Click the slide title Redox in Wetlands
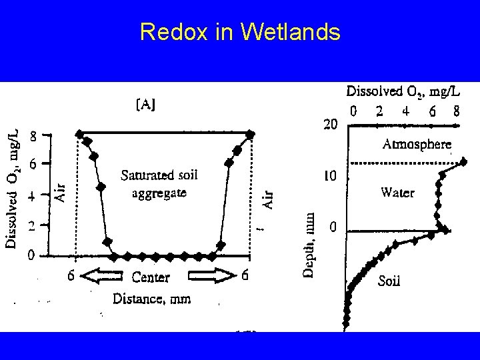coord(240,31)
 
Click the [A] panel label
coord(147,105)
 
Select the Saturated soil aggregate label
coord(159,184)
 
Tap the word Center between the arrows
coord(151,277)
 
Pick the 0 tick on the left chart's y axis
coord(31,255)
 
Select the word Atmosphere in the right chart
coord(417,143)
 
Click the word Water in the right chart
coord(397,193)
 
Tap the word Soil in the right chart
coord(389,281)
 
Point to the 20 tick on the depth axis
coord(331,124)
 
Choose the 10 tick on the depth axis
coord(331,176)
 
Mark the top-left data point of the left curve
coord(80,134)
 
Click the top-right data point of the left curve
coord(250,134)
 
